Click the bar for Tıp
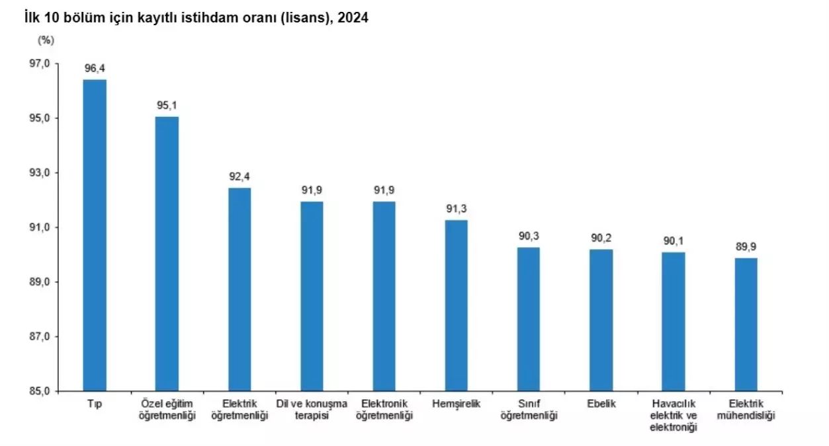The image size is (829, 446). (95, 235)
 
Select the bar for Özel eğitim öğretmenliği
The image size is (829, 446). (167, 253)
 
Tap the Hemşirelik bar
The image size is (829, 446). (456, 305)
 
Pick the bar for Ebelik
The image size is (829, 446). (601, 320)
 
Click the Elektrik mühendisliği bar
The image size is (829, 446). (746, 324)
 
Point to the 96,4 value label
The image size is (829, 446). (95, 68)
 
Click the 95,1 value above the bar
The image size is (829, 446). (167, 105)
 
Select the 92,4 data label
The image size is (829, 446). (239, 176)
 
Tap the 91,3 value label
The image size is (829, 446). (456, 209)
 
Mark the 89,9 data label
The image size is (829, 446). (746, 246)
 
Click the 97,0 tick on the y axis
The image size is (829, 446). (39, 63)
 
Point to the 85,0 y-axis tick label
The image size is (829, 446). (39, 391)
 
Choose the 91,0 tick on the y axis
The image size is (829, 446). (39, 227)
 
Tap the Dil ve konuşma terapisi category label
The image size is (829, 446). (311, 409)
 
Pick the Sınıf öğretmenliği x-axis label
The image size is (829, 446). (528, 409)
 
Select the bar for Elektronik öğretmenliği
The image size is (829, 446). (384, 296)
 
